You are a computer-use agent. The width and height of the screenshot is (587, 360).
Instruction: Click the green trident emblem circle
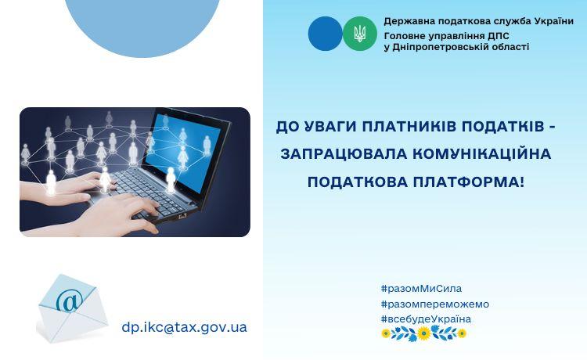click(360, 34)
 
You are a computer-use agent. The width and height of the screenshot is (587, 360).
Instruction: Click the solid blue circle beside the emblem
click(326, 34)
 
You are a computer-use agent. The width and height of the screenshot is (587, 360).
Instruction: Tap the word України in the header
click(554, 21)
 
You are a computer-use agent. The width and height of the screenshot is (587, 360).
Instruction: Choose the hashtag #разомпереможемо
click(435, 304)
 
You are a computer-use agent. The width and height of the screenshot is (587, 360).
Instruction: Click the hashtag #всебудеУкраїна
click(426, 319)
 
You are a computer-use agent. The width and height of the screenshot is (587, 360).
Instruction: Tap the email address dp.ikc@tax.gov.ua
click(184, 327)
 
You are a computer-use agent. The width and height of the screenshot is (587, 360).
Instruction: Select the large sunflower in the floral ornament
click(423, 333)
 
